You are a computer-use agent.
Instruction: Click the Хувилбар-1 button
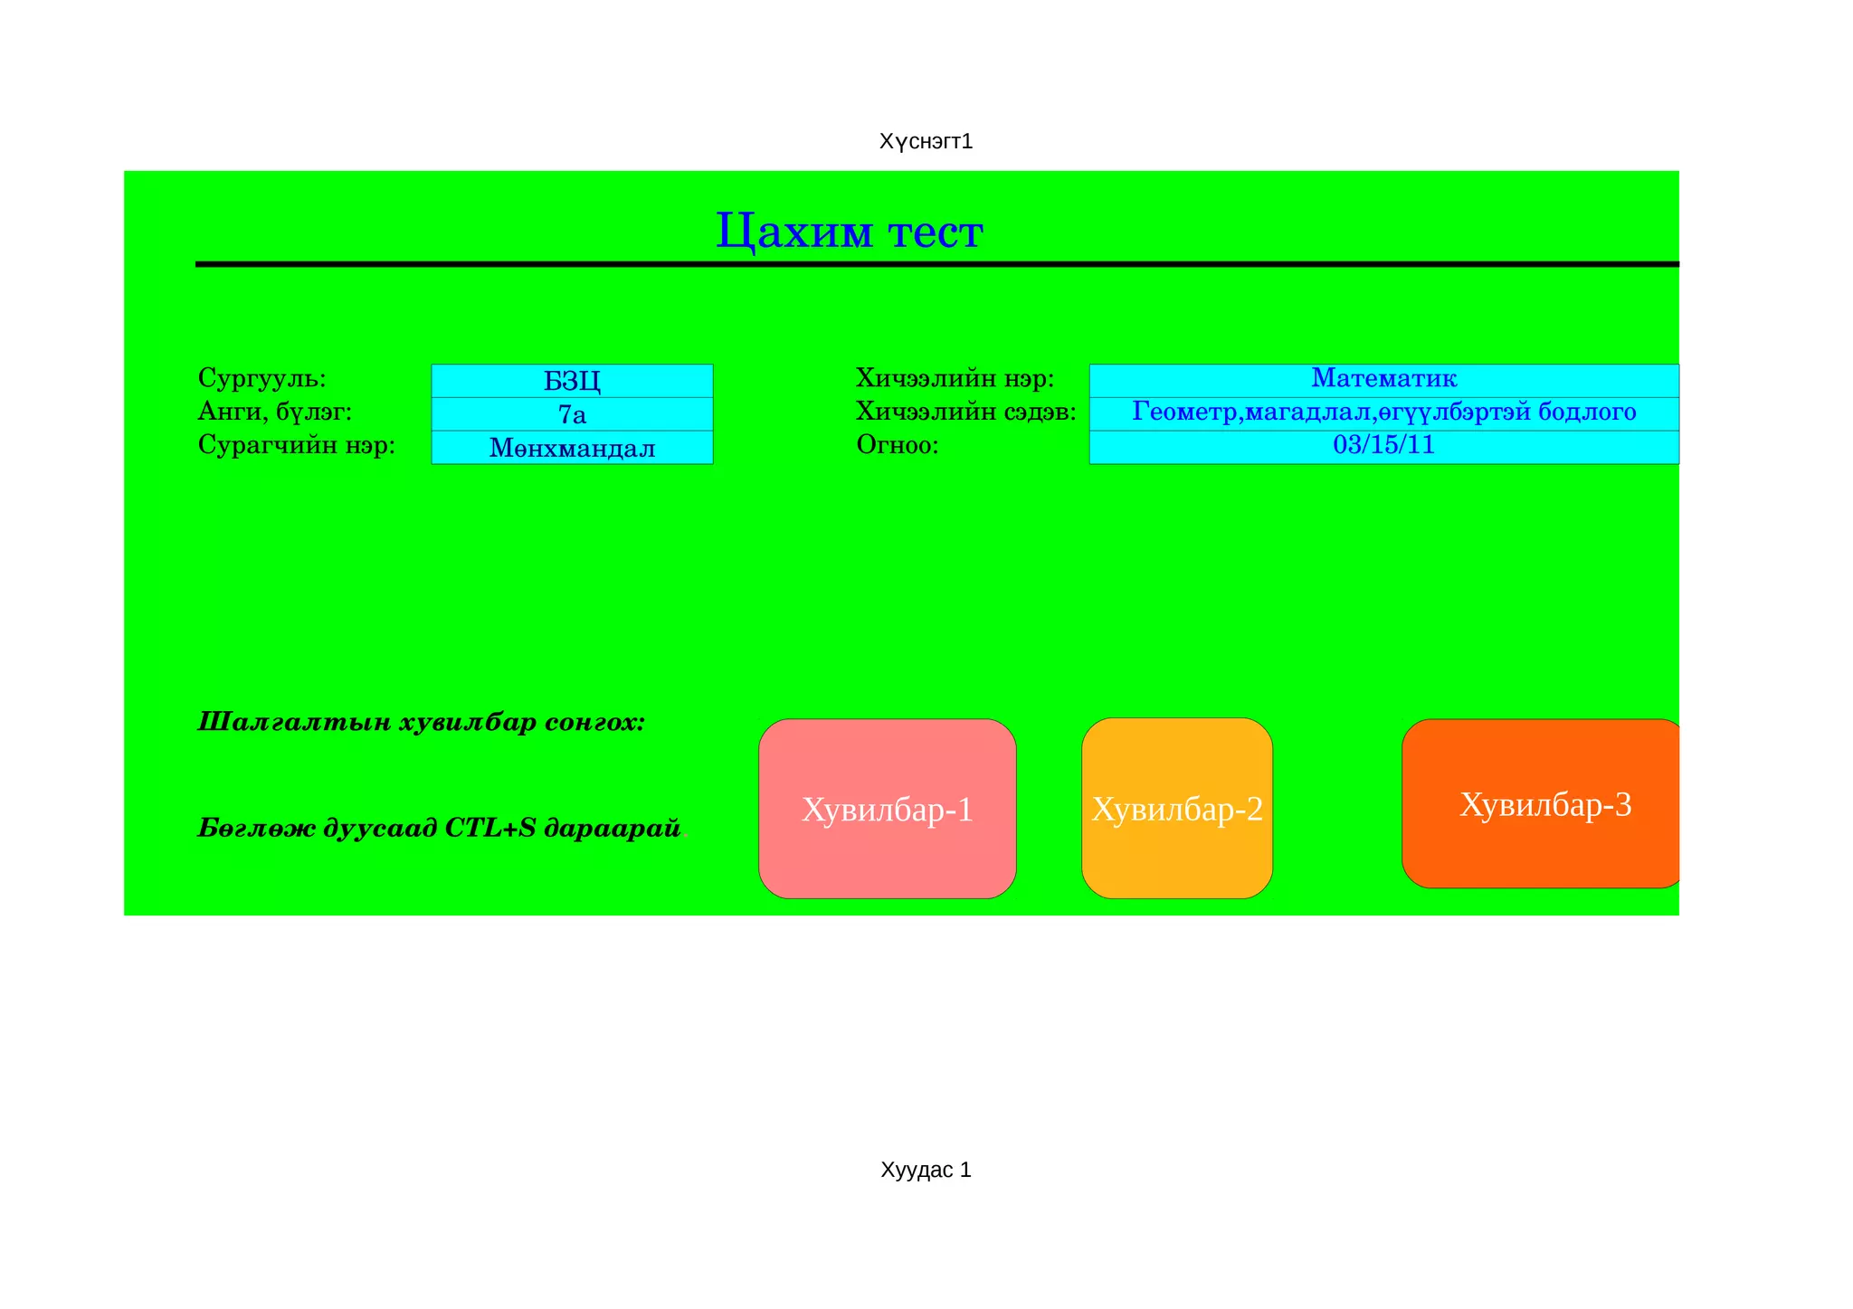(887, 809)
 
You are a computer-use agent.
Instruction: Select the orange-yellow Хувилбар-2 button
(1176, 809)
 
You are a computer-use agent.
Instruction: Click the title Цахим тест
(849, 232)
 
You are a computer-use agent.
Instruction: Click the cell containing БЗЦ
(572, 381)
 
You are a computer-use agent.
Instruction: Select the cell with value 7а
(572, 414)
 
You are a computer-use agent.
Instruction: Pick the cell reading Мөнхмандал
(572, 448)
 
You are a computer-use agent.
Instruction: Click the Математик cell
(1383, 378)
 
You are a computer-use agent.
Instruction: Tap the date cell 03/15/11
(1383, 445)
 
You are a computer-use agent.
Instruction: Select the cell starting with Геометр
(1383, 413)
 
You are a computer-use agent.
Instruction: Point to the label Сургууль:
(261, 377)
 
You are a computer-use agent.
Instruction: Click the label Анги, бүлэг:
(274, 412)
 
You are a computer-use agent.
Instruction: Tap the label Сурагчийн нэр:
(297, 445)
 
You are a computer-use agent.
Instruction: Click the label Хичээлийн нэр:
(955, 378)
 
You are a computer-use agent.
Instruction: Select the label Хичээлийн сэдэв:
(965, 412)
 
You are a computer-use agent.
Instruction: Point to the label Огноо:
(897, 445)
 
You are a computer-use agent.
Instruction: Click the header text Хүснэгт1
(926, 142)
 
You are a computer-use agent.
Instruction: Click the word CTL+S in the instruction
(490, 828)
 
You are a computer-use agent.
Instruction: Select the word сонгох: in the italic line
(594, 722)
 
